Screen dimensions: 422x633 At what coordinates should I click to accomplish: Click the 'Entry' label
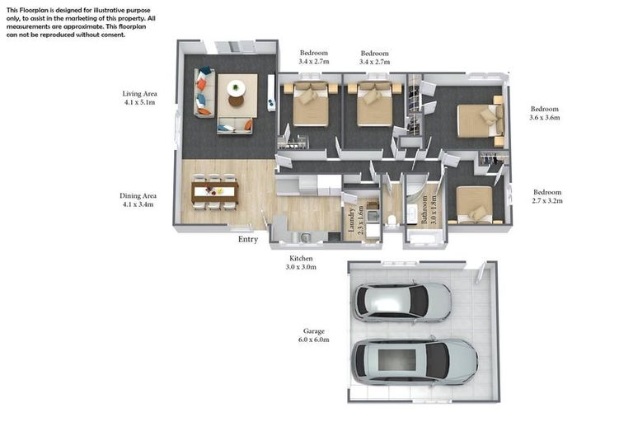[x=247, y=240]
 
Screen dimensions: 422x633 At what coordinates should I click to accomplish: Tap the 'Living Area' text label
[x=139, y=94]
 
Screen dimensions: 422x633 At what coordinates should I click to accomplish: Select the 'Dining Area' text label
[x=138, y=196]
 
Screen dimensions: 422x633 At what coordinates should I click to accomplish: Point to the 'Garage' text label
[x=313, y=331]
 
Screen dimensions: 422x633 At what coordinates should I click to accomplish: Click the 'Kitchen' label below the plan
[x=300, y=258]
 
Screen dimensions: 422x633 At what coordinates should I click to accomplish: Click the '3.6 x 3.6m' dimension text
[x=544, y=118]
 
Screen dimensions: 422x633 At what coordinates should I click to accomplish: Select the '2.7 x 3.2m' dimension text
[x=546, y=200]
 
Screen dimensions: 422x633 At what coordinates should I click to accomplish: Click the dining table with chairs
[x=214, y=192]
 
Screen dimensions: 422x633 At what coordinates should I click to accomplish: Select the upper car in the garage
[x=402, y=302]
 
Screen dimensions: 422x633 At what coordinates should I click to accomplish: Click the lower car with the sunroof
[x=415, y=361]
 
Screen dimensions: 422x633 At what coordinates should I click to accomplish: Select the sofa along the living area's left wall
[x=201, y=91]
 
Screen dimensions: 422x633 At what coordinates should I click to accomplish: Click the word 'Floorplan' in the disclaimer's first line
[x=38, y=8]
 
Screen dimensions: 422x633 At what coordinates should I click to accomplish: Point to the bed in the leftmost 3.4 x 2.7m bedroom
[x=310, y=103]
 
